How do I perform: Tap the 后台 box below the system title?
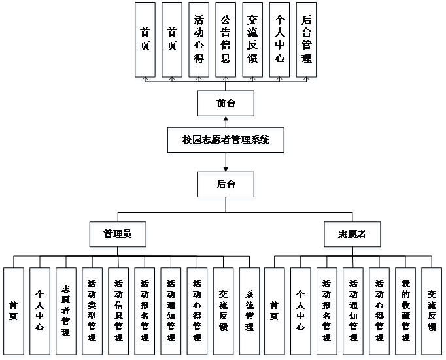(x=226, y=184)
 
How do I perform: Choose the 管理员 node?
(x=118, y=235)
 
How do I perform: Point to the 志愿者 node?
(x=352, y=235)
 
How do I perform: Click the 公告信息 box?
(x=226, y=39)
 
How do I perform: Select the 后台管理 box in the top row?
(x=306, y=39)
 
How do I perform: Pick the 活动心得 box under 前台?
(x=199, y=39)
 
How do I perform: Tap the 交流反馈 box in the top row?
(x=252, y=39)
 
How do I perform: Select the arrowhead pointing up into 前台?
(x=226, y=120)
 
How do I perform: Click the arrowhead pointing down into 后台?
(x=226, y=169)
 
